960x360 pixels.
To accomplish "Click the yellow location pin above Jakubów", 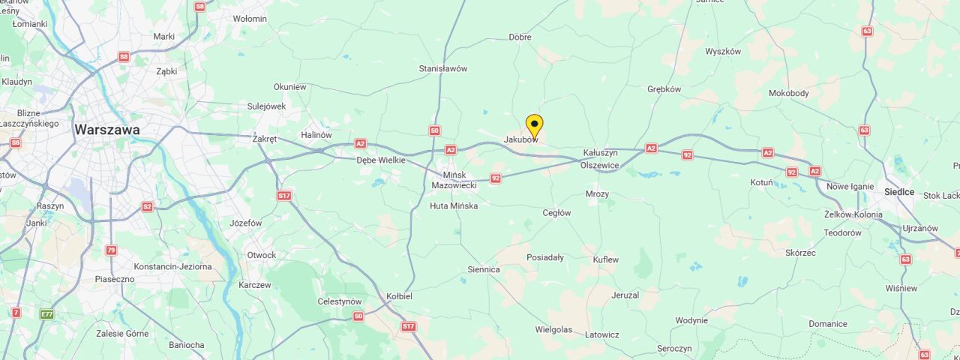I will click(x=534, y=124).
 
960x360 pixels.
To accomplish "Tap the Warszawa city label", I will click(x=106, y=130).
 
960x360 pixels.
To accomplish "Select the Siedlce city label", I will click(x=898, y=192).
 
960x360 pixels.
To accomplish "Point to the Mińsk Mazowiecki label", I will click(x=454, y=180).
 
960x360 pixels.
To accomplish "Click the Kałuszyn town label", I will click(x=600, y=153).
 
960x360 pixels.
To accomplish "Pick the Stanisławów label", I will click(x=442, y=69).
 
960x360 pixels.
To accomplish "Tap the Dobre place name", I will click(x=520, y=37).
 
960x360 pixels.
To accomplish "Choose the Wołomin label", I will click(x=250, y=19).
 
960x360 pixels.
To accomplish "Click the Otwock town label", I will click(x=262, y=255).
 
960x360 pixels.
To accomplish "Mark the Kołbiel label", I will click(x=399, y=296).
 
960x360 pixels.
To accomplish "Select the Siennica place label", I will click(x=483, y=269).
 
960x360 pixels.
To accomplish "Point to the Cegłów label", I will click(x=556, y=213).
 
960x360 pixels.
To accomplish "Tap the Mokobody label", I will click(x=788, y=94).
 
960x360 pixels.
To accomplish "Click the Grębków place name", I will click(x=664, y=89).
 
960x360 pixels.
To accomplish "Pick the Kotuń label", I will click(x=761, y=182).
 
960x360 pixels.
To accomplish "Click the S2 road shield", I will click(x=147, y=207).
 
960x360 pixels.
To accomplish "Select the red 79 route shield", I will click(x=111, y=250).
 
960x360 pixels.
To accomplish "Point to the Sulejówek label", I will click(x=266, y=106).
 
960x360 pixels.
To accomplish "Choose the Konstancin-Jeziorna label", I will click(x=172, y=267).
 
